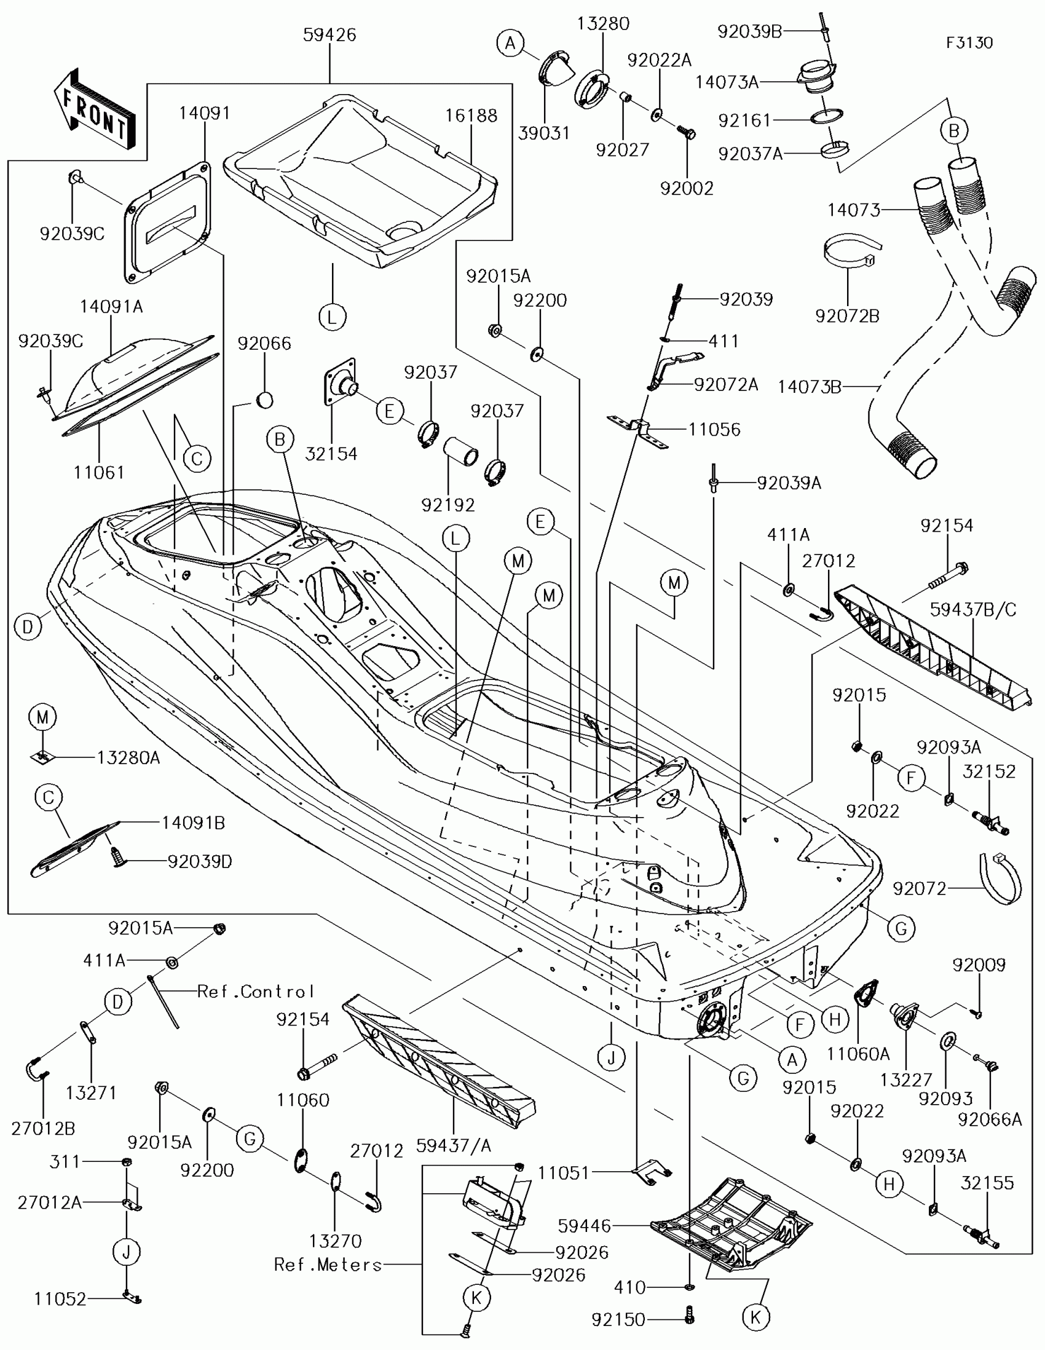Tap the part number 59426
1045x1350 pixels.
(329, 35)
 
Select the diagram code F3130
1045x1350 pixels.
(969, 42)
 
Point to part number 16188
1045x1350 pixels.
(471, 116)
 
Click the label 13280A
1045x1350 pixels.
(128, 758)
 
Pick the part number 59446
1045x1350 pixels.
(584, 1226)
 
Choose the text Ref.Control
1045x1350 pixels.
(256, 992)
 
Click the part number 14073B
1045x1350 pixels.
(809, 387)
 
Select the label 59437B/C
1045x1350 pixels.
(972, 609)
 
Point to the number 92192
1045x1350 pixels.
(448, 505)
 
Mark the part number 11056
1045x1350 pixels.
(714, 430)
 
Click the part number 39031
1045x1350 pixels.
(544, 133)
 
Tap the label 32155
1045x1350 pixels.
(987, 1183)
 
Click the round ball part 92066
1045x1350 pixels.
(264, 400)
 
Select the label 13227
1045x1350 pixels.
(906, 1080)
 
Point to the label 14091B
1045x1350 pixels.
(194, 823)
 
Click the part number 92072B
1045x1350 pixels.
(847, 316)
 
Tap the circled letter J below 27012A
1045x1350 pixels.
(127, 1252)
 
